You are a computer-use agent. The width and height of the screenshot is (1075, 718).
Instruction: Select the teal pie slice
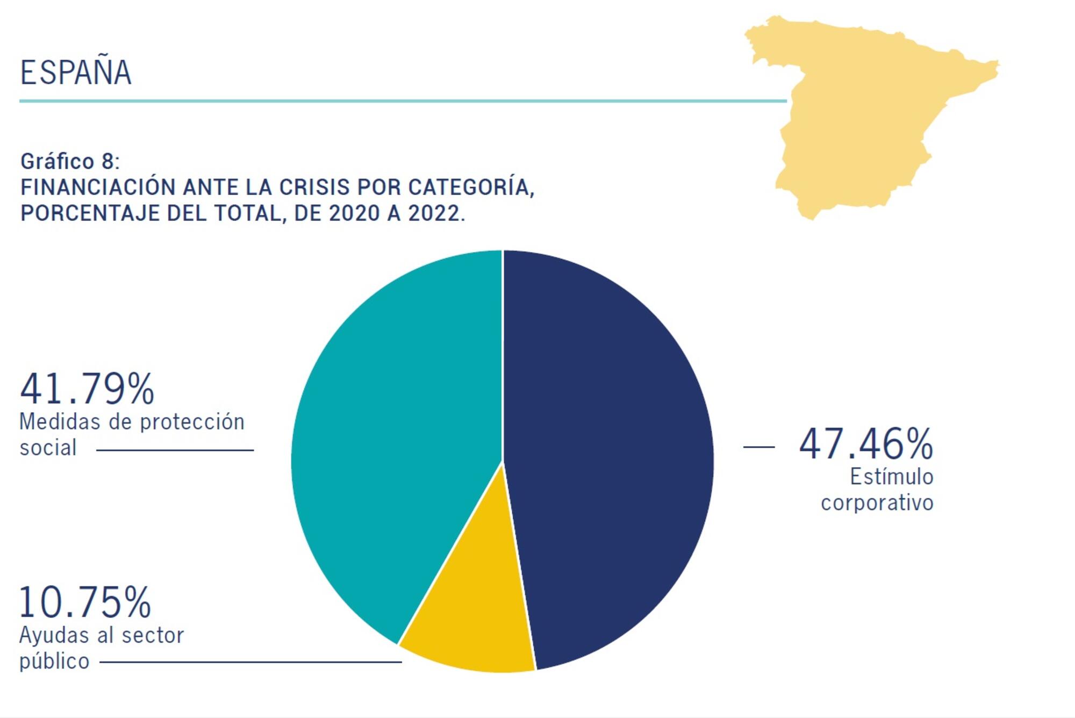point(398,441)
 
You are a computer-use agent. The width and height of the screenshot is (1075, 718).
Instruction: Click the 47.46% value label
point(866,444)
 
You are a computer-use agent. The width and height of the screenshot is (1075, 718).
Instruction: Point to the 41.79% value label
point(87,389)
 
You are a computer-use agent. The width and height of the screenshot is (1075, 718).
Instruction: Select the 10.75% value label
point(85,602)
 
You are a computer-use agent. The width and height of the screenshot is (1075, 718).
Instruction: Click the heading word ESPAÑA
point(76,73)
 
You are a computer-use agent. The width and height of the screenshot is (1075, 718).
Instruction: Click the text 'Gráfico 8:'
point(70,161)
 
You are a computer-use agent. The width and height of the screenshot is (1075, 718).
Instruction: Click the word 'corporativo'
point(877,503)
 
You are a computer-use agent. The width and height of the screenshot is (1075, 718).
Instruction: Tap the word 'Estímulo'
point(891,477)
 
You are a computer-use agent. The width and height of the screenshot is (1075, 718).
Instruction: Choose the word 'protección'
point(192,422)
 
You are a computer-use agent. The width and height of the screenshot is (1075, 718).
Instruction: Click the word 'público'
point(54,662)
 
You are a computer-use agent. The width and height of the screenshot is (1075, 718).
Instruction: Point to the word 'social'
point(48,448)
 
